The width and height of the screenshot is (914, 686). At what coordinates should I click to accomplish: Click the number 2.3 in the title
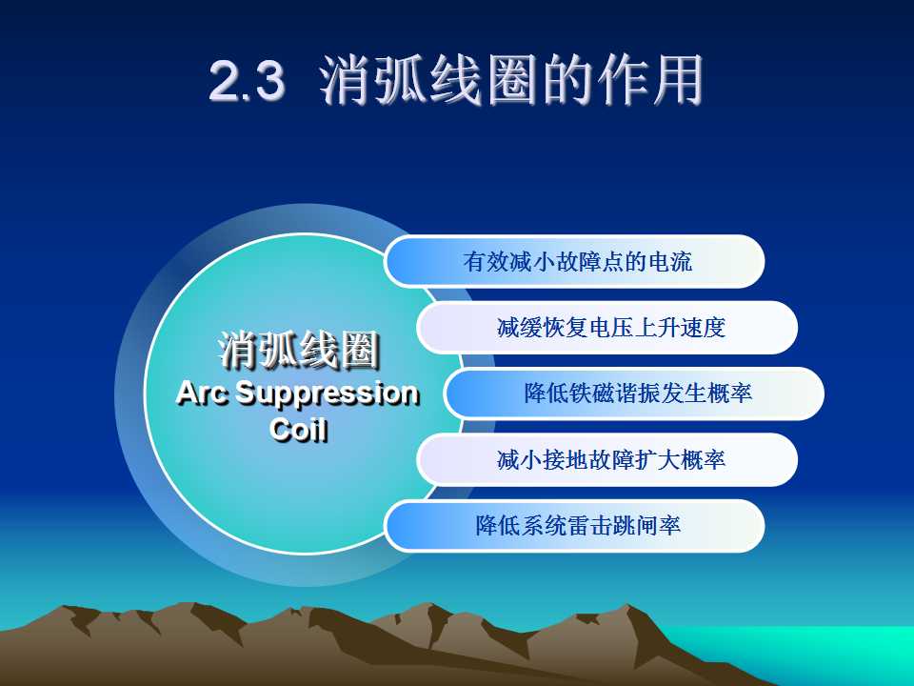pos(248,80)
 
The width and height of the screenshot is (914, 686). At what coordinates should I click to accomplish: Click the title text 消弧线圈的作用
pos(511,79)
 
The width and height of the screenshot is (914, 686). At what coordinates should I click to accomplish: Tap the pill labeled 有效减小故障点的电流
pos(574,261)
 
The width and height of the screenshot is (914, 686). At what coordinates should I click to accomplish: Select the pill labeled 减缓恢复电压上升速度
pos(606,327)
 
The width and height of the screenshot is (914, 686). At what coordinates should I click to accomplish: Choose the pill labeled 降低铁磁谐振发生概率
pos(634,393)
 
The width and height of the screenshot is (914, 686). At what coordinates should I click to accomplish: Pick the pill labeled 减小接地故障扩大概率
pos(606,459)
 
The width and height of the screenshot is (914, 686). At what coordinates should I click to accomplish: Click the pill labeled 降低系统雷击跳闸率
pos(574,526)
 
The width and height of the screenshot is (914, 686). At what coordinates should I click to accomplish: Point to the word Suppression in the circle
pos(328,394)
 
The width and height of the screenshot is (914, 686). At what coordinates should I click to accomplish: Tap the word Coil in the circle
pos(298,430)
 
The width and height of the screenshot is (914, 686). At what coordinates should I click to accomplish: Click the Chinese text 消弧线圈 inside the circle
pos(298,351)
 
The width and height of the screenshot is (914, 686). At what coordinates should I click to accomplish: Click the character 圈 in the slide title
pos(511,80)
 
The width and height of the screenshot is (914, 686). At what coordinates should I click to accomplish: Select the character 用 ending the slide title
pos(677,80)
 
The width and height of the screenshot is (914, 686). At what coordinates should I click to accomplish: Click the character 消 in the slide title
pos(346,80)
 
